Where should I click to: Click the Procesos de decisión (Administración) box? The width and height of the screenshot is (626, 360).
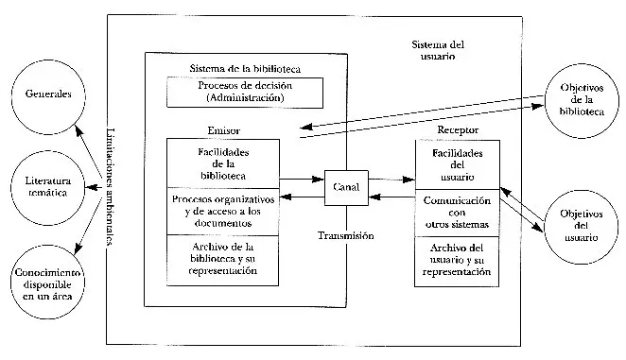241,91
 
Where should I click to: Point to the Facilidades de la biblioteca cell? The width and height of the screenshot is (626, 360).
222,163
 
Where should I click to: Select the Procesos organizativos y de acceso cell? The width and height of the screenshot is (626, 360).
222,211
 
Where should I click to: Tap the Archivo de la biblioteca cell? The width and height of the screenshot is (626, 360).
222,257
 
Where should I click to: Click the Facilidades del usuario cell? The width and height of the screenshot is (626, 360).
458,165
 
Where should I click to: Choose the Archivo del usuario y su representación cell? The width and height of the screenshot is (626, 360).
458,259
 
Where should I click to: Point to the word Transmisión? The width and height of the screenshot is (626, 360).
346,235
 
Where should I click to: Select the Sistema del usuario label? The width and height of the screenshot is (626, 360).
439,50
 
